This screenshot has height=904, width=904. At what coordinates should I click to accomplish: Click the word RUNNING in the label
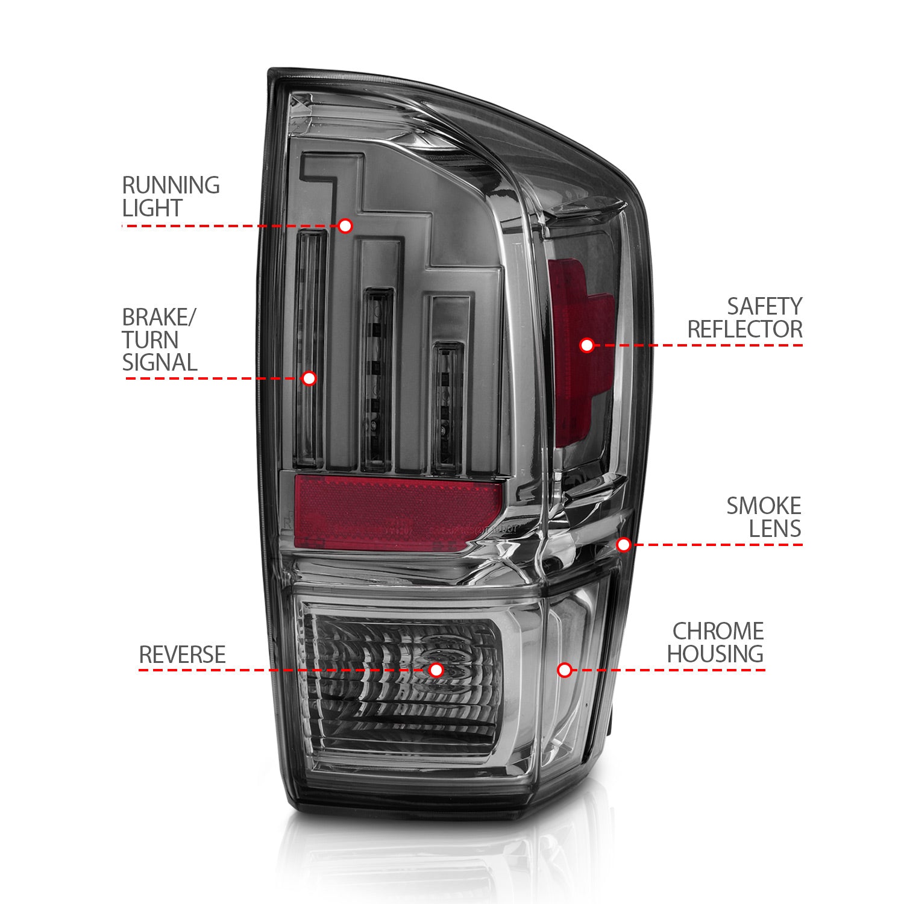coord(171,185)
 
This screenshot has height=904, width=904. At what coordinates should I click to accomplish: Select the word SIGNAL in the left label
coord(160,362)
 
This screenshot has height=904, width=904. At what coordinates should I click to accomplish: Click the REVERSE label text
coord(182,654)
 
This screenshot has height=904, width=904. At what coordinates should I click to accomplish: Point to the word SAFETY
coord(764,306)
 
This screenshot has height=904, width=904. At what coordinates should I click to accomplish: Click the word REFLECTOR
coord(745,330)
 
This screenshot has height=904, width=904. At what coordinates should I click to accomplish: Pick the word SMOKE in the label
coord(764,506)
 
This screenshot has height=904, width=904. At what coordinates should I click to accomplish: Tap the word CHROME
coord(718,631)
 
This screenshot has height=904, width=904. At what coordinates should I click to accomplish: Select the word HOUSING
coord(715,654)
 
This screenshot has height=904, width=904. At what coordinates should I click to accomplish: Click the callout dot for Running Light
coord(345,226)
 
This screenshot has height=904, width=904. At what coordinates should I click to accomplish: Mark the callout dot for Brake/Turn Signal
coord(309,378)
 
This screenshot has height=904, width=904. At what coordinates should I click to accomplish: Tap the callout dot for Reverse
coord(436,670)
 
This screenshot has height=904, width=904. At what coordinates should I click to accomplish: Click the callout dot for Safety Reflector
coord(587,345)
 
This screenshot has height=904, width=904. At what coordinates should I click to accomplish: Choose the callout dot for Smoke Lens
coord(624,545)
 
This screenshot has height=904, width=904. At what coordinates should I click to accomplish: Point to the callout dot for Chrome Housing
coord(564,670)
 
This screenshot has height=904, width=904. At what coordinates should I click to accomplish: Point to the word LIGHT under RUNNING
coord(152,208)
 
